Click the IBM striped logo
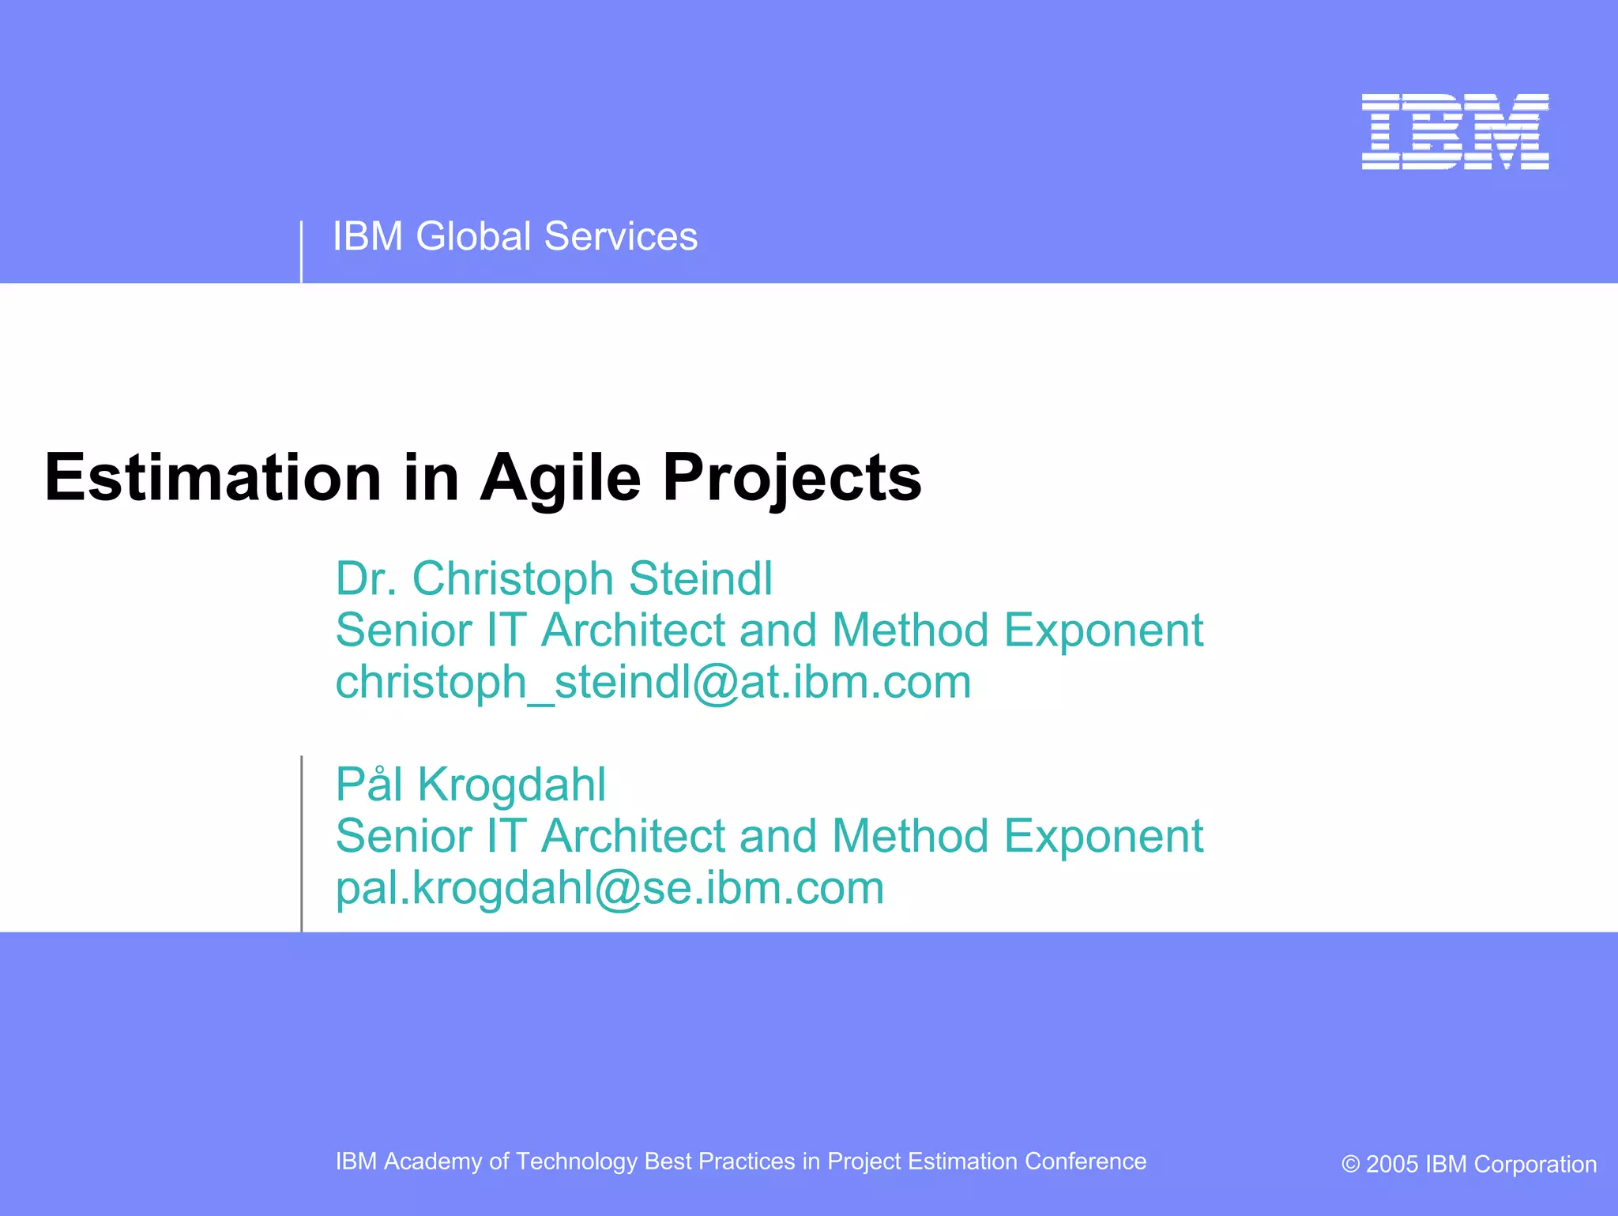point(1454,131)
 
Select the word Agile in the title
point(560,479)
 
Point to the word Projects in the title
point(792,479)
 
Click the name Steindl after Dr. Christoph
point(701,578)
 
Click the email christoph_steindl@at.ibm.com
point(653,682)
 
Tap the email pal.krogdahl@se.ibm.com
point(609,888)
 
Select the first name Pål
point(369,785)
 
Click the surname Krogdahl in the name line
point(511,785)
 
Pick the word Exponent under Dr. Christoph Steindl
point(1103,631)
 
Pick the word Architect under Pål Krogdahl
point(633,836)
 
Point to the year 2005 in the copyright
point(1392,1165)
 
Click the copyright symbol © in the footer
point(1351,1165)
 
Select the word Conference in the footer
point(1085,1161)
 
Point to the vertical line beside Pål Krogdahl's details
point(302,844)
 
